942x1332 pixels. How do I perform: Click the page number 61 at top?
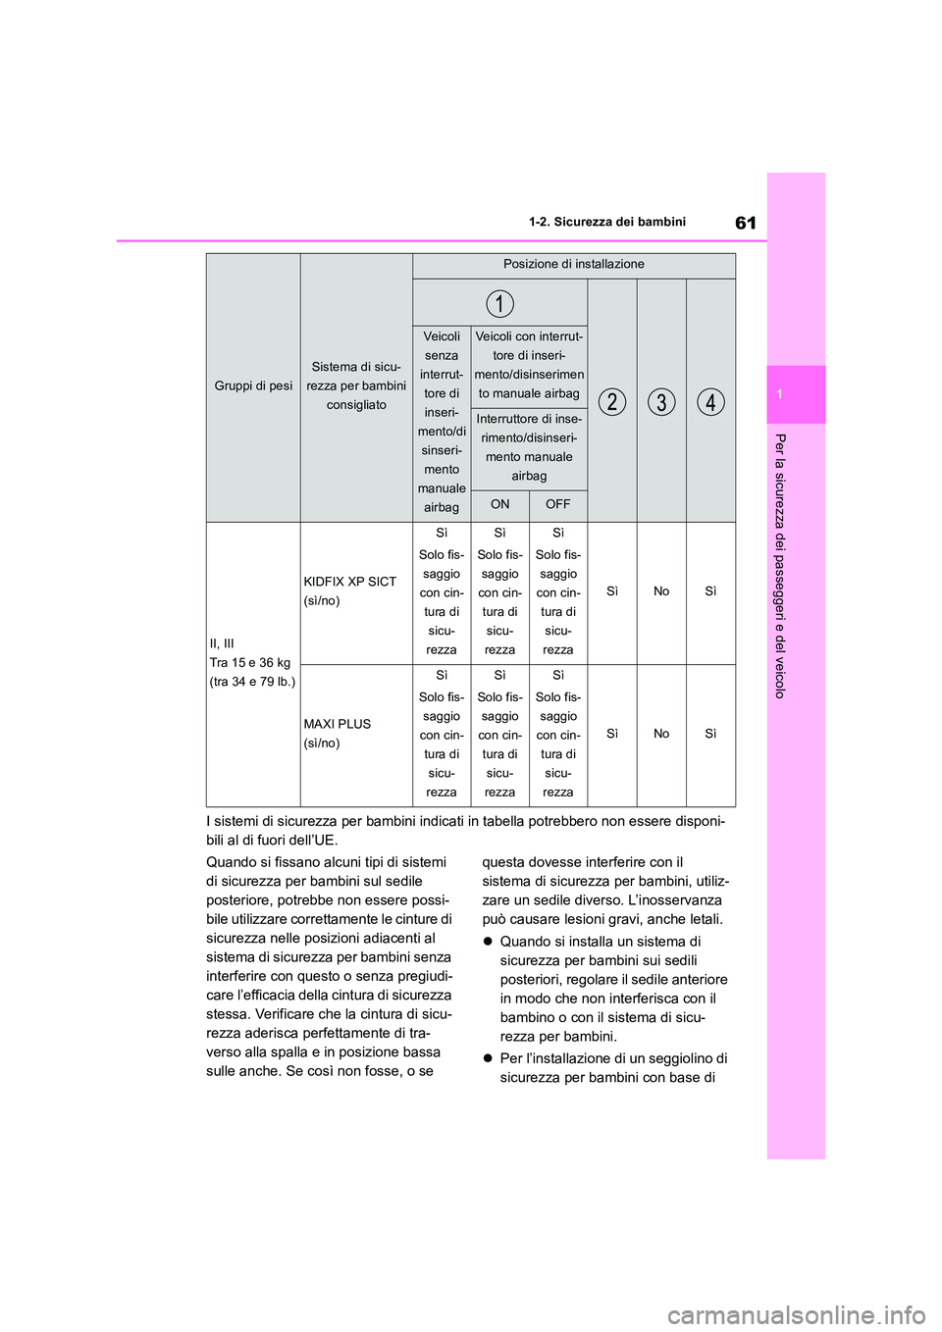pos(746,223)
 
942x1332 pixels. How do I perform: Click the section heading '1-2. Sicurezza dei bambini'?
pos(606,223)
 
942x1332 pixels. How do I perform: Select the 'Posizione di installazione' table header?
pos(574,265)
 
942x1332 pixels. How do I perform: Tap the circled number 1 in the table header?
pos(499,303)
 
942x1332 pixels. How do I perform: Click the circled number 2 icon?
pos(612,401)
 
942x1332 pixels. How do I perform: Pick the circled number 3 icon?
pos(661,401)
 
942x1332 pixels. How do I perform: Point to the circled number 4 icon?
pos(710,401)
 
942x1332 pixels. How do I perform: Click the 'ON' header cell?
pos(500,505)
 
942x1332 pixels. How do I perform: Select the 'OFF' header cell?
pos(558,505)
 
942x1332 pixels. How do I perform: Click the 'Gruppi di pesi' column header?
pos(253,386)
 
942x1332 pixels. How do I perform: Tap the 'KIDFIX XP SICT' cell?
pos(350,582)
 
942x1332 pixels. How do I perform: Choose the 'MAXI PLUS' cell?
pos(338,724)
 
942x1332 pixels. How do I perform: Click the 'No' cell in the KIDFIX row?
pos(661,591)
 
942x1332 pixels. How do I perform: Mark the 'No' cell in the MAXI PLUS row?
pos(661,734)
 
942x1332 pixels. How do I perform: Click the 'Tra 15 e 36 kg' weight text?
pos(250,663)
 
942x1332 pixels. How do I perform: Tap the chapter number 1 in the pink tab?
pos(779,394)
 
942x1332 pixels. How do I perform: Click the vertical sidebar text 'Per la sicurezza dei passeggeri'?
pos(780,565)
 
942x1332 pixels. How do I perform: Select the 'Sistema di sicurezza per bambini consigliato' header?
pos(356,385)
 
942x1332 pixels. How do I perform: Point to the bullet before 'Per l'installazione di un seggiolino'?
pos(488,1059)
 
